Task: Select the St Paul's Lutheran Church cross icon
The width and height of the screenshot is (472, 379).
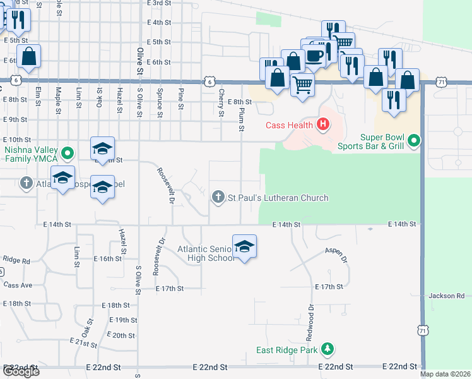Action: [218, 198]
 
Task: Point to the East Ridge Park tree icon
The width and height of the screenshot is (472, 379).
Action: [327, 349]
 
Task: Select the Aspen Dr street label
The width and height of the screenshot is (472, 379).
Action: [336, 255]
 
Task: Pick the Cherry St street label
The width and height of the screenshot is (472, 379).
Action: [221, 103]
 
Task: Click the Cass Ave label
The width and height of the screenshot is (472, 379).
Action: [18, 285]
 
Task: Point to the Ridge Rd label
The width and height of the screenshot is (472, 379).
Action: [16, 260]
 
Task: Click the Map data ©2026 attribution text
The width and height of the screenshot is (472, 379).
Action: [445, 374]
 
